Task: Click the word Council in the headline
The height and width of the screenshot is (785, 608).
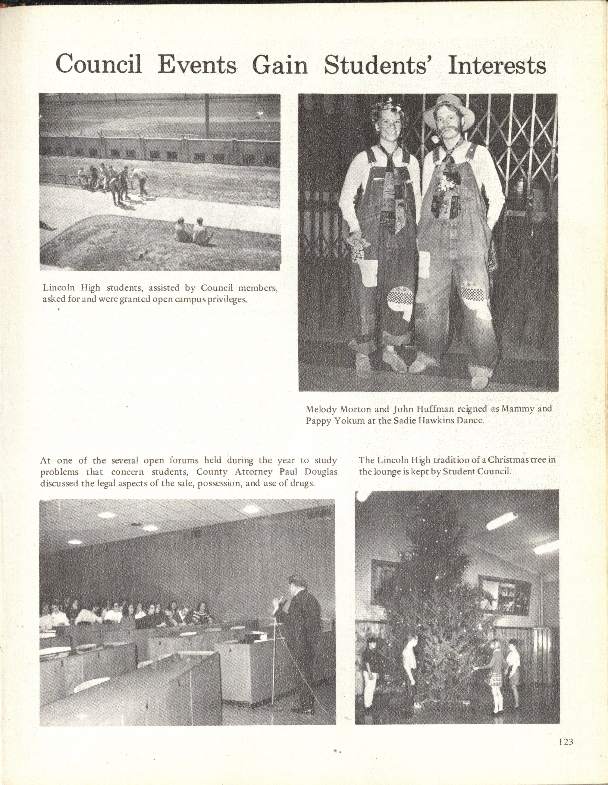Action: click(x=99, y=65)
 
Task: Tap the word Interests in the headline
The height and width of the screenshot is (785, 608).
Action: click(x=497, y=65)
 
